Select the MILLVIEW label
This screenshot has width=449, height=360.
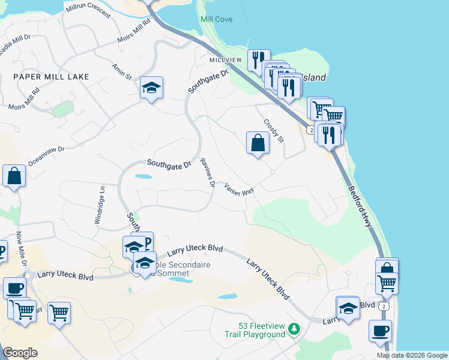[x=225, y=61]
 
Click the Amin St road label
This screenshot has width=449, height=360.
[x=121, y=71]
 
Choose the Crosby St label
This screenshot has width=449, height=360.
[x=273, y=130]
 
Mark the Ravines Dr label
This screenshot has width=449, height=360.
[x=208, y=172]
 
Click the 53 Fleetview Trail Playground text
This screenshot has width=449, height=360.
[x=261, y=330]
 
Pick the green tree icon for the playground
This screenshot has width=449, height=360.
[x=294, y=329]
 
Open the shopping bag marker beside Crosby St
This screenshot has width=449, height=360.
[x=258, y=143]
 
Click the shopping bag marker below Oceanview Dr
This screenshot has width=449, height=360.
[x=14, y=176]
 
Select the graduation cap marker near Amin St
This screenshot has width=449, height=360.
[x=152, y=89]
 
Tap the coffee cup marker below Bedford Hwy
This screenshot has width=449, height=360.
[x=380, y=331]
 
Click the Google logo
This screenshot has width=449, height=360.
[x=20, y=352]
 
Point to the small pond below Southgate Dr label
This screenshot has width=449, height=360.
[x=143, y=176]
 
